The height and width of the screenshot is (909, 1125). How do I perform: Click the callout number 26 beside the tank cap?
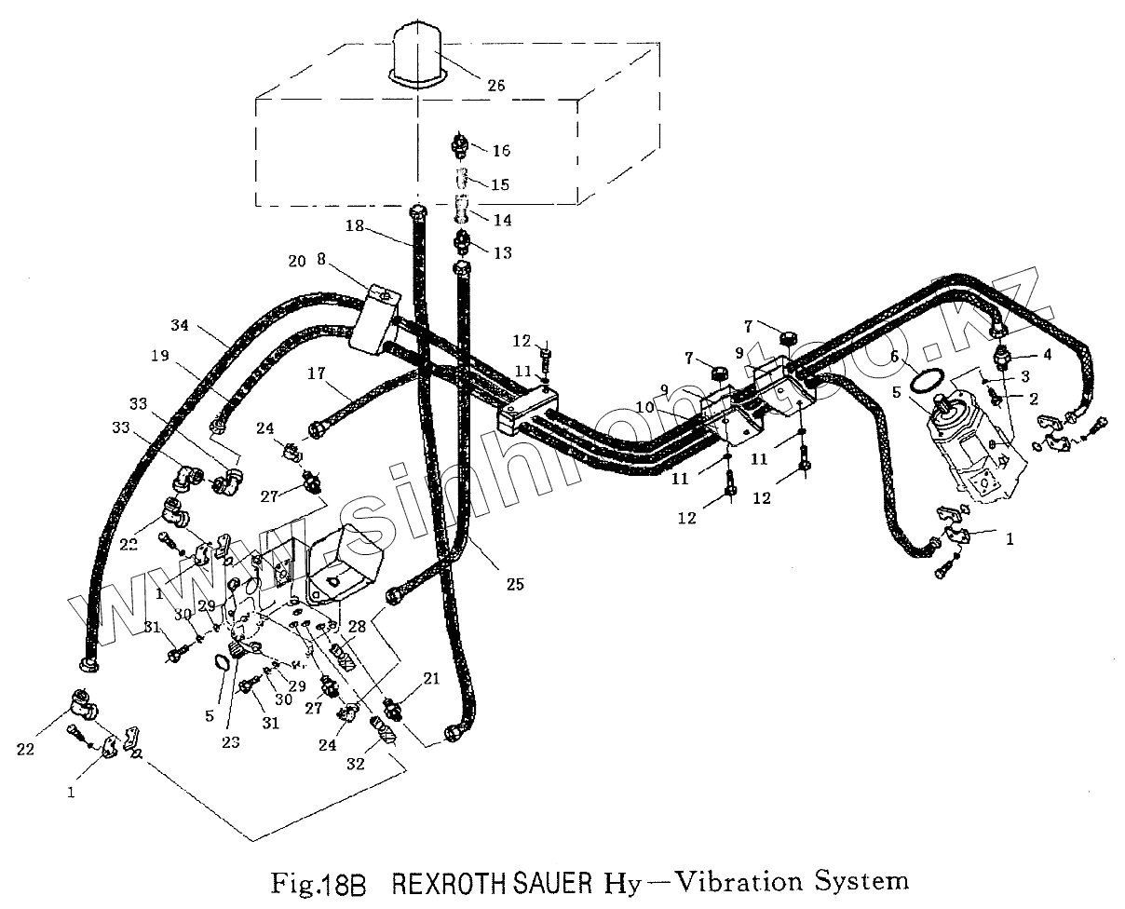pos(495,85)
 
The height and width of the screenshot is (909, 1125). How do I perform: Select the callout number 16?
pos(501,150)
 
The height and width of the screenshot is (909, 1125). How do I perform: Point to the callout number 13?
pos(501,252)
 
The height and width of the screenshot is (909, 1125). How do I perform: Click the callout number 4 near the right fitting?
pos(1021,354)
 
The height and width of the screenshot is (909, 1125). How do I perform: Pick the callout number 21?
pos(430,679)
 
